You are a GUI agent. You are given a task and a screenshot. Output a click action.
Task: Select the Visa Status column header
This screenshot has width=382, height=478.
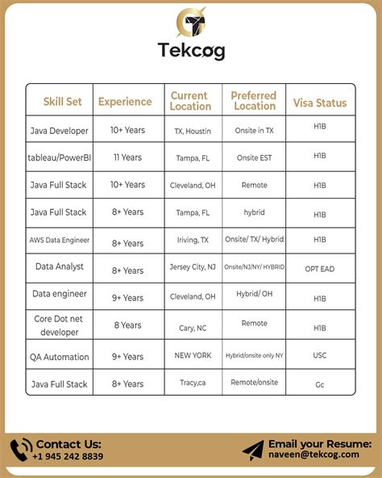click(x=320, y=103)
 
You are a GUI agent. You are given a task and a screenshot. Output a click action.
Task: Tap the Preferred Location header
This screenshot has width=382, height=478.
click(x=254, y=101)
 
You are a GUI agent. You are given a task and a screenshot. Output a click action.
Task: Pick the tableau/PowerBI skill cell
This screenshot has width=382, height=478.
click(x=59, y=157)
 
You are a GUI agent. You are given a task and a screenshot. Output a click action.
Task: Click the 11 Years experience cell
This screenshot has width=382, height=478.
click(x=128, y=157)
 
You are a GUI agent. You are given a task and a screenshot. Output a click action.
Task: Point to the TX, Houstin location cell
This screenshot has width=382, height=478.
click(x=193, y=130)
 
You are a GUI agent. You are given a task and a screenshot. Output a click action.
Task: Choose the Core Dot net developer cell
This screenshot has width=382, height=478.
click(x=59, y=325)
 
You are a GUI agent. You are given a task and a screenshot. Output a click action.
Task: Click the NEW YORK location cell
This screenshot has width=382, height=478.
click(x=193, y=355)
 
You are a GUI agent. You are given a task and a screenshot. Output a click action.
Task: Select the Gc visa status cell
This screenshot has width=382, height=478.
click(x=320, y=385)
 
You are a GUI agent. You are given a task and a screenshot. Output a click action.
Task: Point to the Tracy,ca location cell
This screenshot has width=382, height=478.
click(x=193, y=384)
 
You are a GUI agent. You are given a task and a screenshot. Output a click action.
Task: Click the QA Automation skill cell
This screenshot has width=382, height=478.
click(x=59, y=355)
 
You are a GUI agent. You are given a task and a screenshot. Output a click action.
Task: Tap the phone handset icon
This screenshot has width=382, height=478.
click(x=21, y=450)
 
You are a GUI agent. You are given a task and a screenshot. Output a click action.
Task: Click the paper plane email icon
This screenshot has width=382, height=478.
click(x=253, y=450)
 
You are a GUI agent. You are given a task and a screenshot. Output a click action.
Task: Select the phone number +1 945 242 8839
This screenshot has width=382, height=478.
click(x=69, y=456)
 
